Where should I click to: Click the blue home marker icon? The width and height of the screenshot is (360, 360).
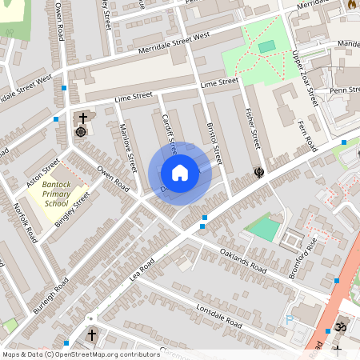click(180, 173)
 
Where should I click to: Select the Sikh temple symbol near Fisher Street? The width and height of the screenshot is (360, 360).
click(258, 171)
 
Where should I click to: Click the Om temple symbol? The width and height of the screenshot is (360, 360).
click(338, 328)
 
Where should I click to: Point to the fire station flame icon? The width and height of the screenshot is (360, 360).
click(350, 5)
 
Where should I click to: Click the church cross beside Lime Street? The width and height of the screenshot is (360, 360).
click(82, 118)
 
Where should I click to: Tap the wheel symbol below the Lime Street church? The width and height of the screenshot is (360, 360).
click(80, 131)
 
